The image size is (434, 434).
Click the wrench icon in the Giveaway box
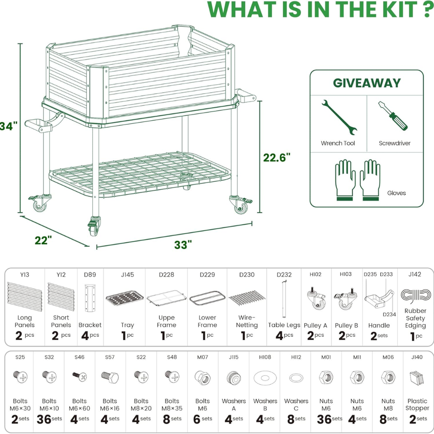339,118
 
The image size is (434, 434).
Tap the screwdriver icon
393,116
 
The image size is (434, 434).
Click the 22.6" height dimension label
277,157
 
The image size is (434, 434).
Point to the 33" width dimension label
183,245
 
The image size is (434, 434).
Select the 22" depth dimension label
43,240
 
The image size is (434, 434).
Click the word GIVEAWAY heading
367,83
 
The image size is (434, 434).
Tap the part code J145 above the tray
127,274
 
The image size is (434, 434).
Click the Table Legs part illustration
284,299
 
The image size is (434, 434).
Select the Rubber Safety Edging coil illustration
416,297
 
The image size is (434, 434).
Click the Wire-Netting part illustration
247,298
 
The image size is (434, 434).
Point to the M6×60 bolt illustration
80,376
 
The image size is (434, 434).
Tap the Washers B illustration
265,378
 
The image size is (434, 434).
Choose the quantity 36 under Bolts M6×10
44,420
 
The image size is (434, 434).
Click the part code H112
296,357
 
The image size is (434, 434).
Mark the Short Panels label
61,321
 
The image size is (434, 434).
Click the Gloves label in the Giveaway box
396,193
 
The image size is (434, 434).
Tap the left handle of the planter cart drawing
44,122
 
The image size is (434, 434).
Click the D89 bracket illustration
90,298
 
